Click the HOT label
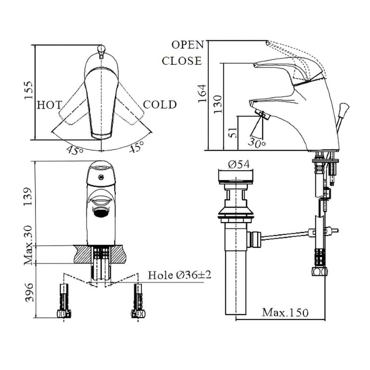click(x=49, y=105)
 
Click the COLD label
click(x=160, y=105)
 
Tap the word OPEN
click(x=188, y=45)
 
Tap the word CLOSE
click(x=182, y=61)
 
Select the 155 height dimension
click(x=29, y=90)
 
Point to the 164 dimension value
click(x=202, y=94)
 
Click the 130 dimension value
click(x=218, y=104)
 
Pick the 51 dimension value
click(x=233, y=132)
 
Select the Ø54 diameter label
click(x=239, y=164)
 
